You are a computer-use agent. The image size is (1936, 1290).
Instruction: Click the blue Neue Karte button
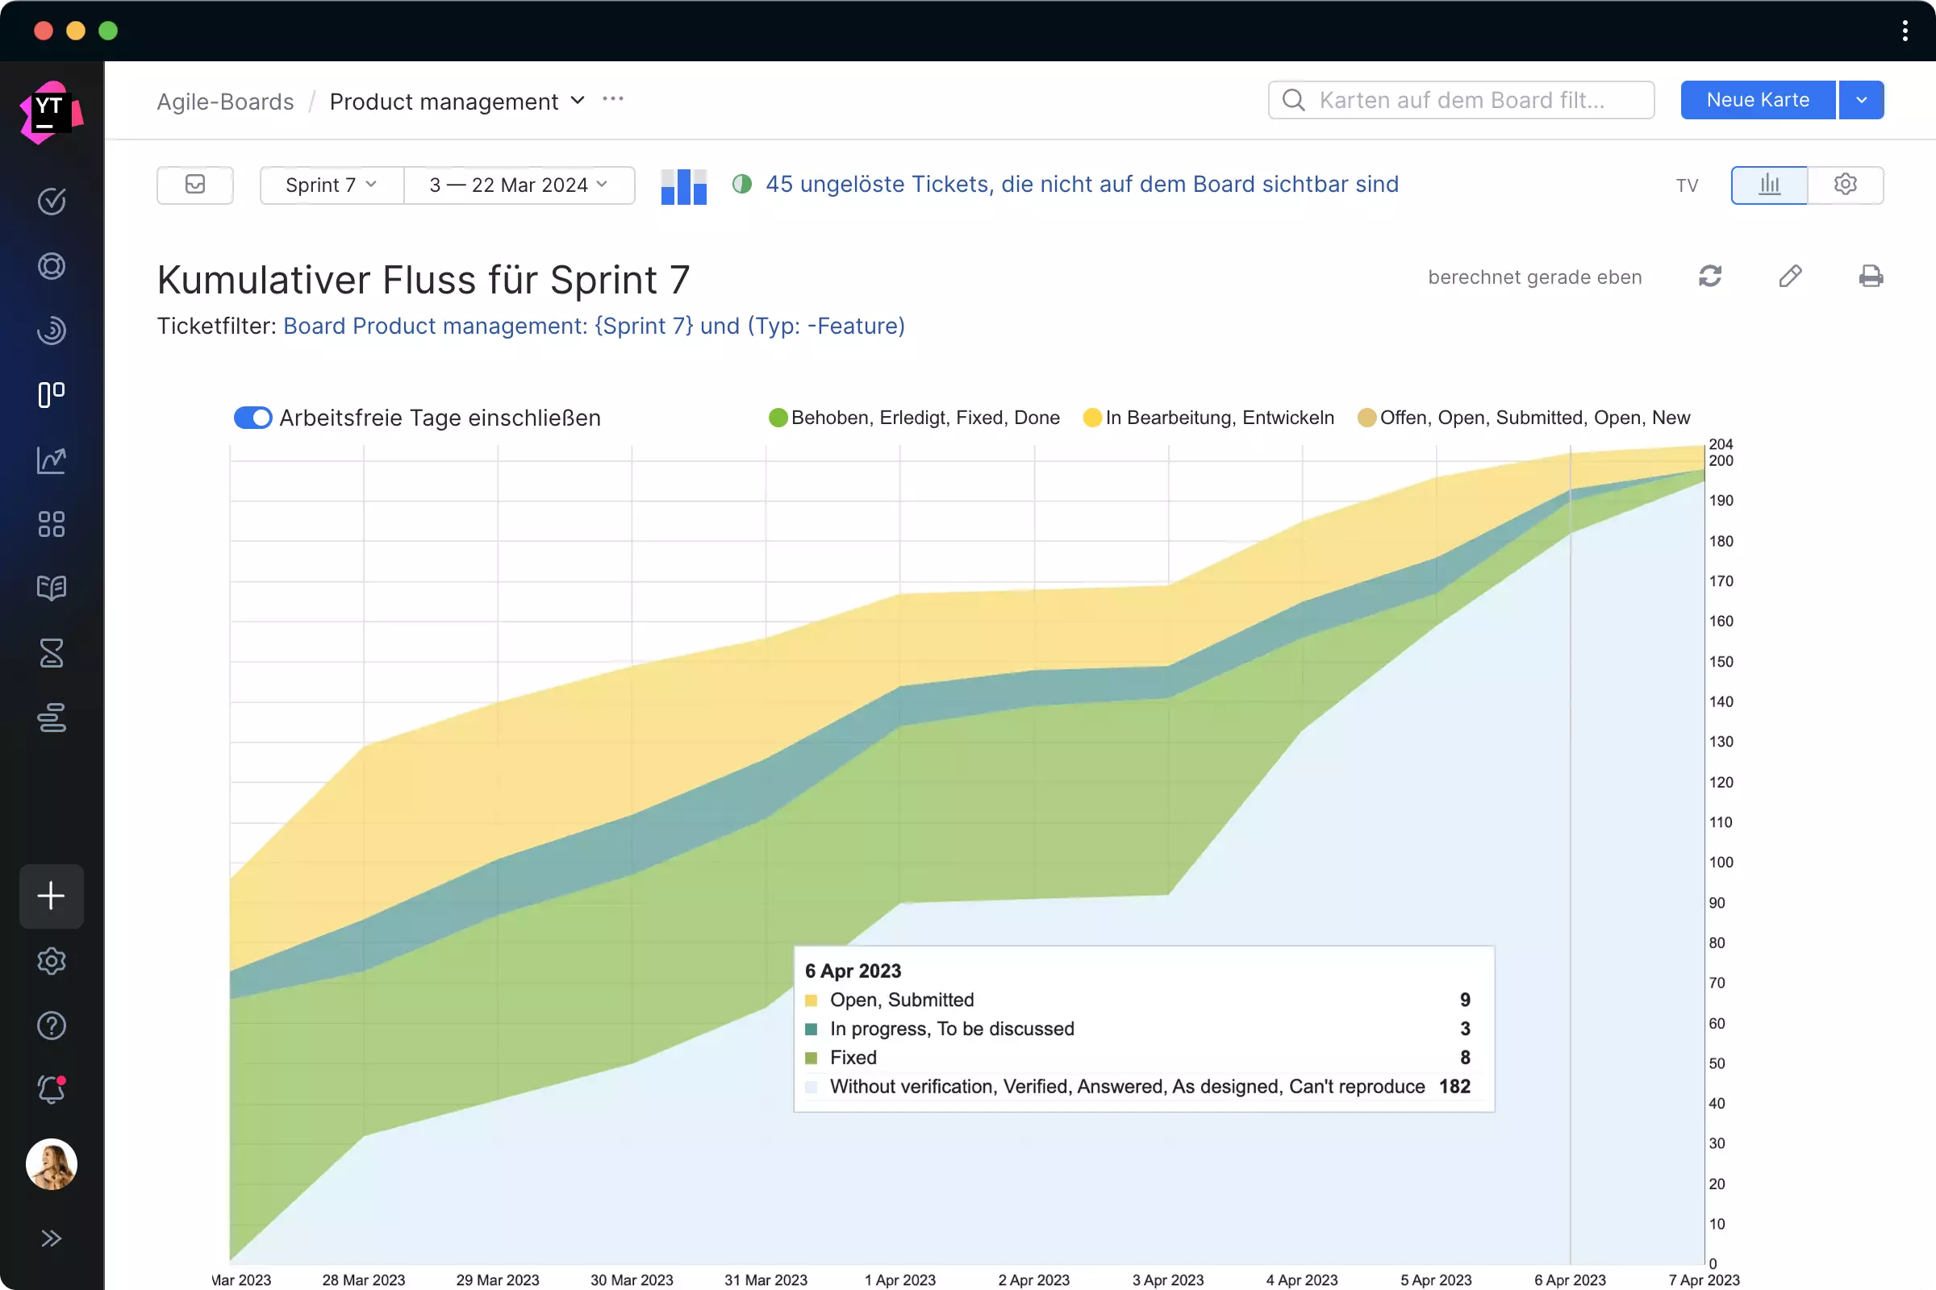[x=1757, y=100]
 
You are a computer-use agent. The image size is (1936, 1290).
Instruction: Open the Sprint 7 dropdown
[x=331, y=185]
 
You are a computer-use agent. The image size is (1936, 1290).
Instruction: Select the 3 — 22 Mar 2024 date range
[x=519, y=185]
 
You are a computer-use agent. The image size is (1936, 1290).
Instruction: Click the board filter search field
[x=1461, y=100]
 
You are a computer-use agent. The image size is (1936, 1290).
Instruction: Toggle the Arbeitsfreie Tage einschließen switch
[x=252, y=418]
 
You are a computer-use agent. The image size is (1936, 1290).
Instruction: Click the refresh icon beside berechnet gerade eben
[x=1709, y=277]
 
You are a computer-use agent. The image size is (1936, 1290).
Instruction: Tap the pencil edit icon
[x=1789, y=277]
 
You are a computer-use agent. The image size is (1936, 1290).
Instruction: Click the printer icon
[x=1870, y=277]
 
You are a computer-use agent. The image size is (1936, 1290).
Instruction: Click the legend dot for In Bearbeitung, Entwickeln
[x=1092, y=418]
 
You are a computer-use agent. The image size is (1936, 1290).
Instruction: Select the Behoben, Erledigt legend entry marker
[x=778, y=418]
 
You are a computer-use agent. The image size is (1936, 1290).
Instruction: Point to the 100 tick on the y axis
[x=1721, y=862]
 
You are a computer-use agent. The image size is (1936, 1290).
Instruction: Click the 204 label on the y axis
[x=1721, y=444]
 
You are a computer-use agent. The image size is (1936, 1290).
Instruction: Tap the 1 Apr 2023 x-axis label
[x=899, y=1280]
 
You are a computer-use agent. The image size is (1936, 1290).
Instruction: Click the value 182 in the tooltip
[x=1454, y=1086]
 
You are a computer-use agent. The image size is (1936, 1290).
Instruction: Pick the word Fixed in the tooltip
[x=853, y=1057]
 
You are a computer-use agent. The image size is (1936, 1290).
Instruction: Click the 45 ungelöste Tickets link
[x=1082, y=185]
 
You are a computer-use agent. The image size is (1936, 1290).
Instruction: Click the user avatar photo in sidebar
[x=52, y=1164]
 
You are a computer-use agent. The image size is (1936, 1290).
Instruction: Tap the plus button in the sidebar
[x=52, y=896]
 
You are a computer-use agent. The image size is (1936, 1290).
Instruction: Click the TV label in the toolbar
[x=1687, y=186]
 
